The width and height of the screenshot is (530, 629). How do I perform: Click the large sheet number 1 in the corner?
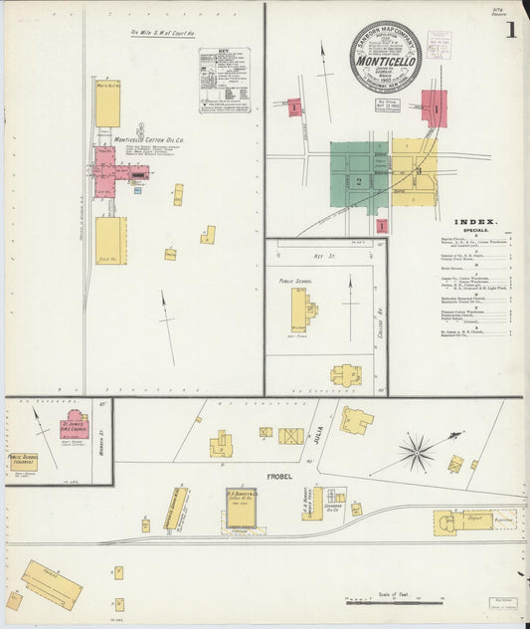[x=509, y=30]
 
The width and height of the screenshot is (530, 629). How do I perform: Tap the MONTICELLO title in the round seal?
[x=385, y=60]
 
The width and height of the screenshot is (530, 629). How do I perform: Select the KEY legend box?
[x=224, y=79]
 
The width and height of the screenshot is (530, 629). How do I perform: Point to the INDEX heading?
[x=475, y=222]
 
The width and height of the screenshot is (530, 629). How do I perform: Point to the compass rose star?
[x=416, y=452]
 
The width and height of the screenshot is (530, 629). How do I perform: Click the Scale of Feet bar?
[x=393, y=603]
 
